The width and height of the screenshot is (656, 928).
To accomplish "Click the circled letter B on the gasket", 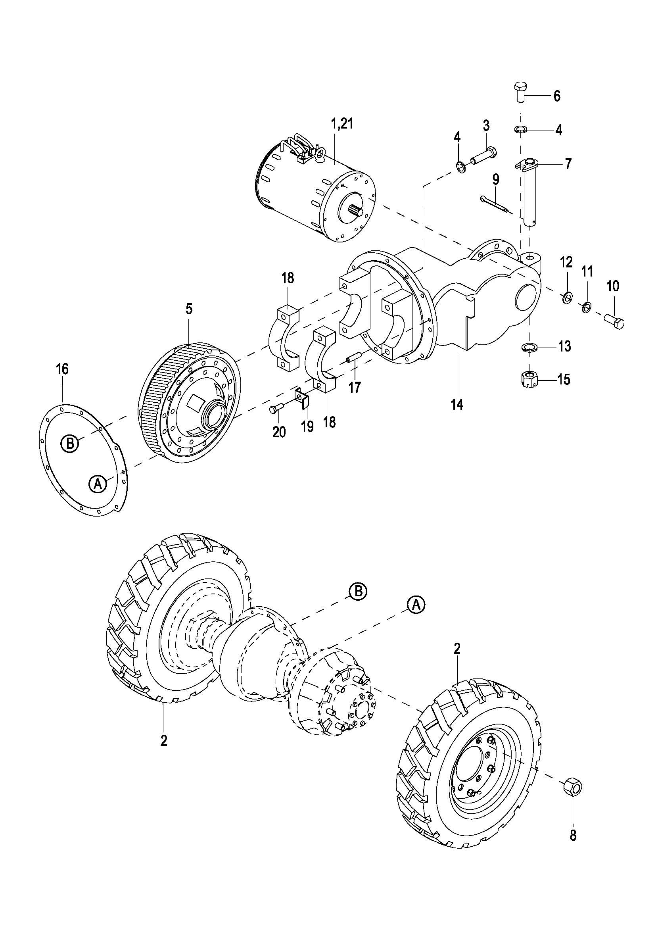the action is pos(70,444).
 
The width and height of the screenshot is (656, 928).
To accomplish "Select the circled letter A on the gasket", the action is pos(97,483).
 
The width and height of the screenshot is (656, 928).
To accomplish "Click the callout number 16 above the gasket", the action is pos(62,369).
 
